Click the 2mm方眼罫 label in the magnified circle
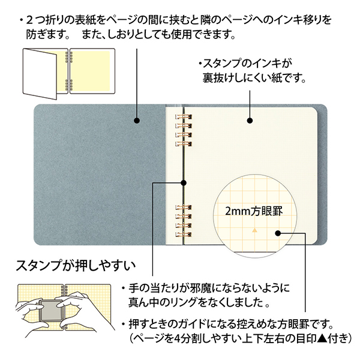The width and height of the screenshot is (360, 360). pyautogui.click(x=254, y=211)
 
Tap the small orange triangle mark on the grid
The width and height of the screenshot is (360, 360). pyautogui.click(x=254, y=230)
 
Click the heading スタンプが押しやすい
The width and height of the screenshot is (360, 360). pyautogui.click(x=76, y=266)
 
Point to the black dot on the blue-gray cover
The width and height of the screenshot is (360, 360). pyautogui.click(x=137, y=121)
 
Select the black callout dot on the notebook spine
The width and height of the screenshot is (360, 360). pyautogui.click(x=183, y=183)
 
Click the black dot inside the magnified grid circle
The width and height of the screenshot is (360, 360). pyautogui.click(x=278, y=233)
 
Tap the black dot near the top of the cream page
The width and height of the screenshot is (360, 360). pyautogui.click(x=250, y=121)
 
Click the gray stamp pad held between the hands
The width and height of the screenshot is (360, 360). pyautogui.click(x=49, y=310)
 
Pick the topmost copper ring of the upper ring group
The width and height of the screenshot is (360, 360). pyautogui.click(x=184, y=117)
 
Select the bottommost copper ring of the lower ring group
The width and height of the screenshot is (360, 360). pyautogui.click(x=184, y=235)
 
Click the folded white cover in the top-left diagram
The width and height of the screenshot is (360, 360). pyautogui.click(x=40, y=73)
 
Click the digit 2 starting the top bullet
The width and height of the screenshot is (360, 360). pyautogui.click(x=29, y=20)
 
